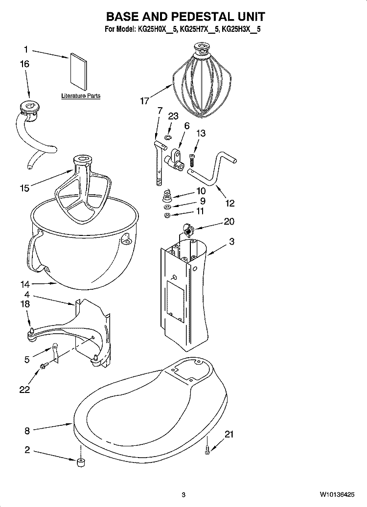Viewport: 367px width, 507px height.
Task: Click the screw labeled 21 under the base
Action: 207,449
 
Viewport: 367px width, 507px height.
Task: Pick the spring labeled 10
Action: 166,196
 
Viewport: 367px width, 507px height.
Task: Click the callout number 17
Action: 144,101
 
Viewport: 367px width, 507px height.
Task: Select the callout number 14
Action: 25,284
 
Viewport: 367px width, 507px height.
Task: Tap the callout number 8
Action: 27,431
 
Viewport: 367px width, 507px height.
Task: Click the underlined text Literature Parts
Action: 81,96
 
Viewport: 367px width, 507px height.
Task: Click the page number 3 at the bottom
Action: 183,494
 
